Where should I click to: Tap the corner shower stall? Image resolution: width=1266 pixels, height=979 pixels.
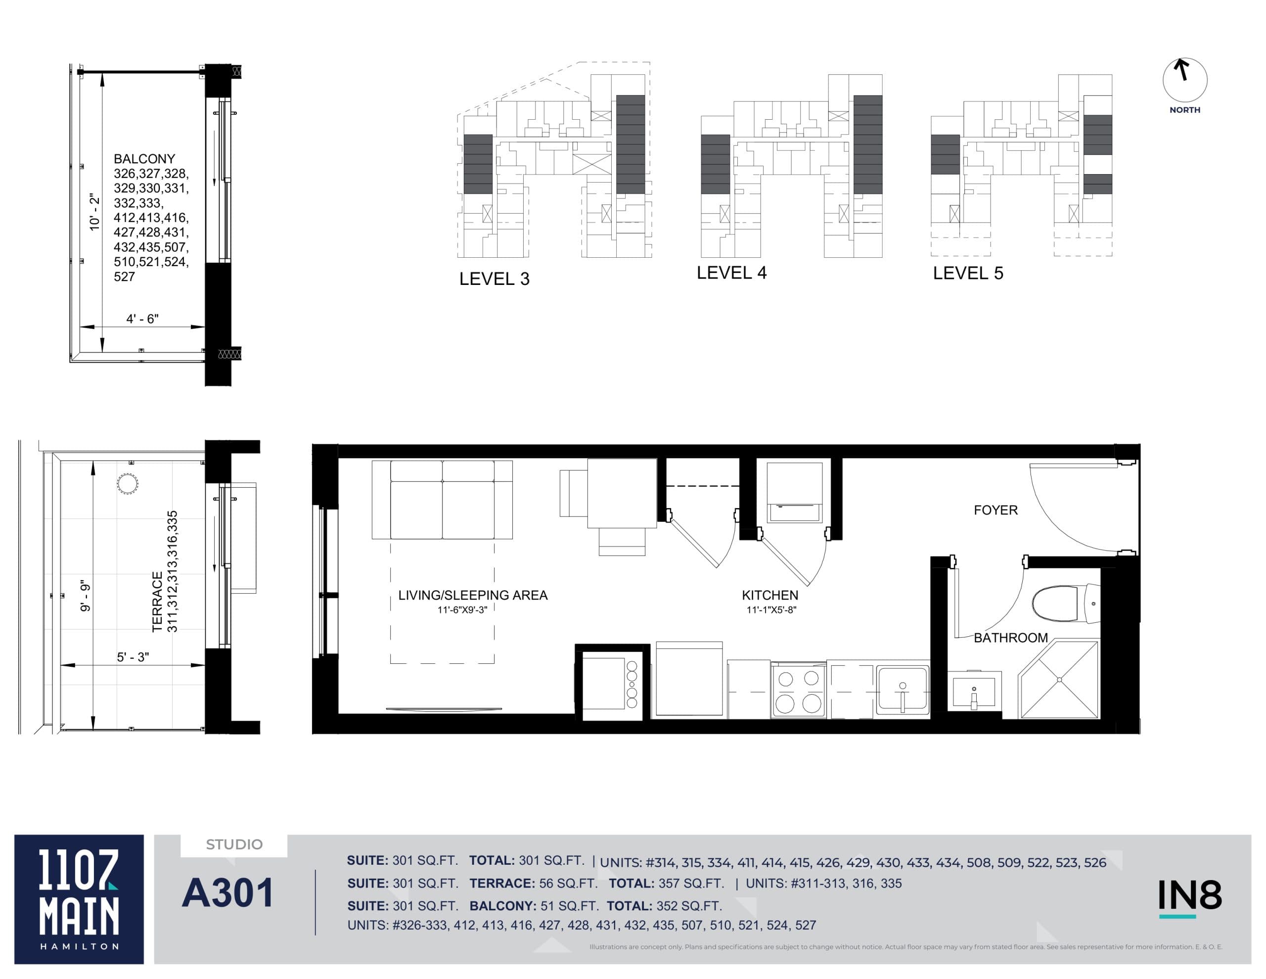(1059, 680)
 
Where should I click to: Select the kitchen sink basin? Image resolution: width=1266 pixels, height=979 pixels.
(903, 690)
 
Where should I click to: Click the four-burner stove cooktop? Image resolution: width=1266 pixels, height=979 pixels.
(798, 691)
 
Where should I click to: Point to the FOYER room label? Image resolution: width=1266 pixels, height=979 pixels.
(995, 511)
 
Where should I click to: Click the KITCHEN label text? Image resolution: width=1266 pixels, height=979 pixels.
(770, 595)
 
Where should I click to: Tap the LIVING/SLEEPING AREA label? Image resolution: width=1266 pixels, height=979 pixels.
(472, 595)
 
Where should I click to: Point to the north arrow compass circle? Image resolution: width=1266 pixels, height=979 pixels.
(1185, 81)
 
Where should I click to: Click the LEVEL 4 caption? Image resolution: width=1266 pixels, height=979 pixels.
(731, 273)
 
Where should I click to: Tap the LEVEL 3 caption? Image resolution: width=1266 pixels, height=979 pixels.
(494, 279)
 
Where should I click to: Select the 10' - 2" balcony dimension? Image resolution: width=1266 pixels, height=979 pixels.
(94, 212)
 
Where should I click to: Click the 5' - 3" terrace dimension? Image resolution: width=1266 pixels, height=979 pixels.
(133, 657)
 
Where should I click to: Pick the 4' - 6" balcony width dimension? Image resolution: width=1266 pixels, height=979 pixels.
(142, 319)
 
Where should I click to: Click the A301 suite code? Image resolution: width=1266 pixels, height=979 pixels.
(228, 893)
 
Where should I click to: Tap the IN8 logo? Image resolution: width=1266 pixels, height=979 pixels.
(1189, 896)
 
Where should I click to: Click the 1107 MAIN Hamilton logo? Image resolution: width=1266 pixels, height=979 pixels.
(79, 899)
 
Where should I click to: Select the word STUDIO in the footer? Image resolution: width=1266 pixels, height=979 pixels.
(234, 844)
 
